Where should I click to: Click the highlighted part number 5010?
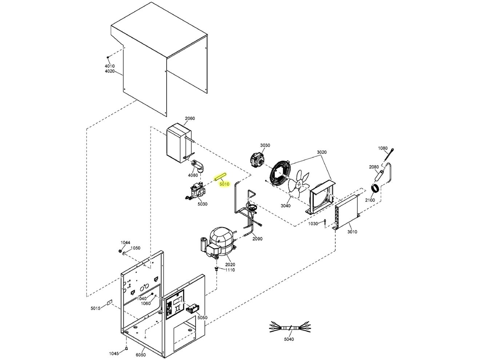click(x=224, y=184)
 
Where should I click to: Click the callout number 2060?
click(x=190, y=119)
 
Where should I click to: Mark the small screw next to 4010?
click(x=108, y=57)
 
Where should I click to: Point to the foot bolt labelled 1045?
click(x=126, y=349)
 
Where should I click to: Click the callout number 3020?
click(x=321, y=152)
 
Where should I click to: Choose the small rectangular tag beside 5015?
click(x=109, y=303)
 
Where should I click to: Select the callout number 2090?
click(x=257, y=239)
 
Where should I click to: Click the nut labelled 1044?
click(x=120, y=251)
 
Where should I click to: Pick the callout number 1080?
click(x=383, y=148)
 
